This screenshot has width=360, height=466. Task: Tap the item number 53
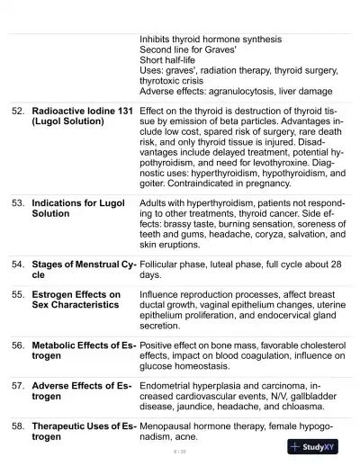[18, 203]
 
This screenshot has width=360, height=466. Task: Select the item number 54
[18, 264]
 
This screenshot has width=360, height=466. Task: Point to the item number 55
[18, 294]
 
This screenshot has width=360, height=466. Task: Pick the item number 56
[18, 345]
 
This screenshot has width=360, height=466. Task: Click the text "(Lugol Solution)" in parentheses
[71, 121]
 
